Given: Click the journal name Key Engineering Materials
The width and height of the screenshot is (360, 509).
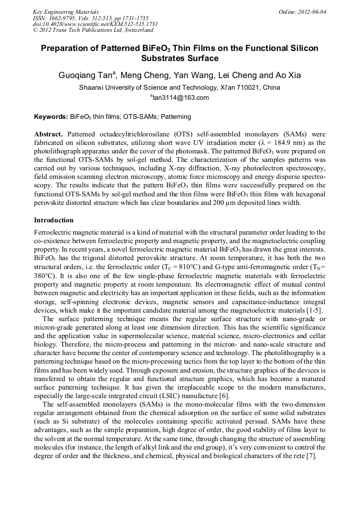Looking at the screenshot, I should click(66, 11).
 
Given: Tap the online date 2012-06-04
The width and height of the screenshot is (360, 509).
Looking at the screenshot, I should click(312, 11).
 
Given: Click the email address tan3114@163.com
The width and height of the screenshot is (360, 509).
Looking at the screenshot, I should click(181, 98).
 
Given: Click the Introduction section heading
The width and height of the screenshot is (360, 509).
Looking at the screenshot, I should click(54, 220).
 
